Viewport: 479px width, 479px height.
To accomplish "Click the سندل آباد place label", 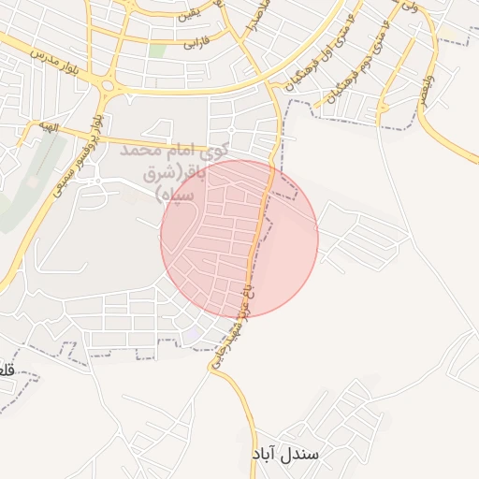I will (286, 454).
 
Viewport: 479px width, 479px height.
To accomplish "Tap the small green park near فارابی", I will (157, 49).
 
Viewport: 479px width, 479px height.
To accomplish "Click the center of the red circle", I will (239, 238).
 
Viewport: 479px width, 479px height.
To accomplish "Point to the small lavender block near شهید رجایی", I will (191, 334).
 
